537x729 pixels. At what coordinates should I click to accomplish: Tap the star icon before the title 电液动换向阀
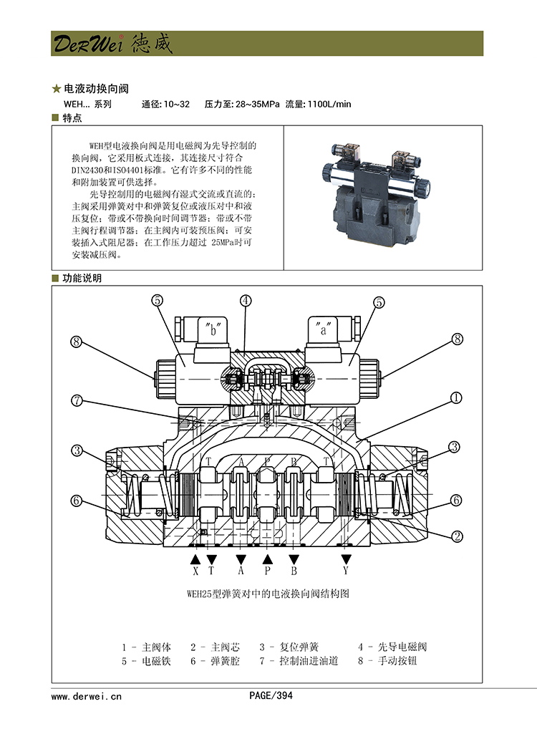(57, 90)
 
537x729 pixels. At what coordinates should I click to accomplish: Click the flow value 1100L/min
(329, 105)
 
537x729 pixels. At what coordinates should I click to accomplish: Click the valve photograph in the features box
(375, 188)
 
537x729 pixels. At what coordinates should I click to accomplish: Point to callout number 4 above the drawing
(246, 301)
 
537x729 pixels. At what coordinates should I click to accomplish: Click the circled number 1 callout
(455, 397)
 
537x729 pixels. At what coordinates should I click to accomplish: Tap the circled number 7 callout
(77, 401)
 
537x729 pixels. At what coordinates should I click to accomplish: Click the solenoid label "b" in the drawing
(212, 331)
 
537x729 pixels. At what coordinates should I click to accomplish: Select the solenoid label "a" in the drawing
(322, 331)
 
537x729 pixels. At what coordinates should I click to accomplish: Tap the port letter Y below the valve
(346, 571)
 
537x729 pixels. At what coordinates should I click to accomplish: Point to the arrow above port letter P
(268, 559)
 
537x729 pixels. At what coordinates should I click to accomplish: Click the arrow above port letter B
(293, 559)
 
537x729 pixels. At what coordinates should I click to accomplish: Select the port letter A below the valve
(241, 571)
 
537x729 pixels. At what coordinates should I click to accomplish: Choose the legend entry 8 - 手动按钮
(387, 661)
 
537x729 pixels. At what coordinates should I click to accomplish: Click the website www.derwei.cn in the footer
(87, 695)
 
